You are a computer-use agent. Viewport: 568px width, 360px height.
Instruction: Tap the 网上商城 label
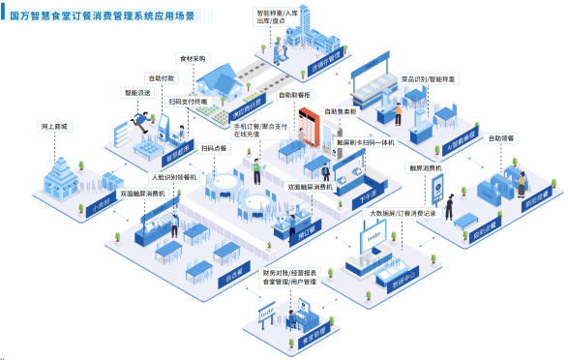[x=54, y=127]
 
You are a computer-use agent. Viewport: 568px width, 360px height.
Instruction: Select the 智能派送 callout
[x=136, y=94]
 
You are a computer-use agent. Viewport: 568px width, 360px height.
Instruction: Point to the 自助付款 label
[x=162, y=77]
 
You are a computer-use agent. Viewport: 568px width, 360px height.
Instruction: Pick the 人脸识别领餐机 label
[x=173, y=178]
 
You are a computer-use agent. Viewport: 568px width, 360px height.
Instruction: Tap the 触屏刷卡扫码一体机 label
[x=369, y=142]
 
